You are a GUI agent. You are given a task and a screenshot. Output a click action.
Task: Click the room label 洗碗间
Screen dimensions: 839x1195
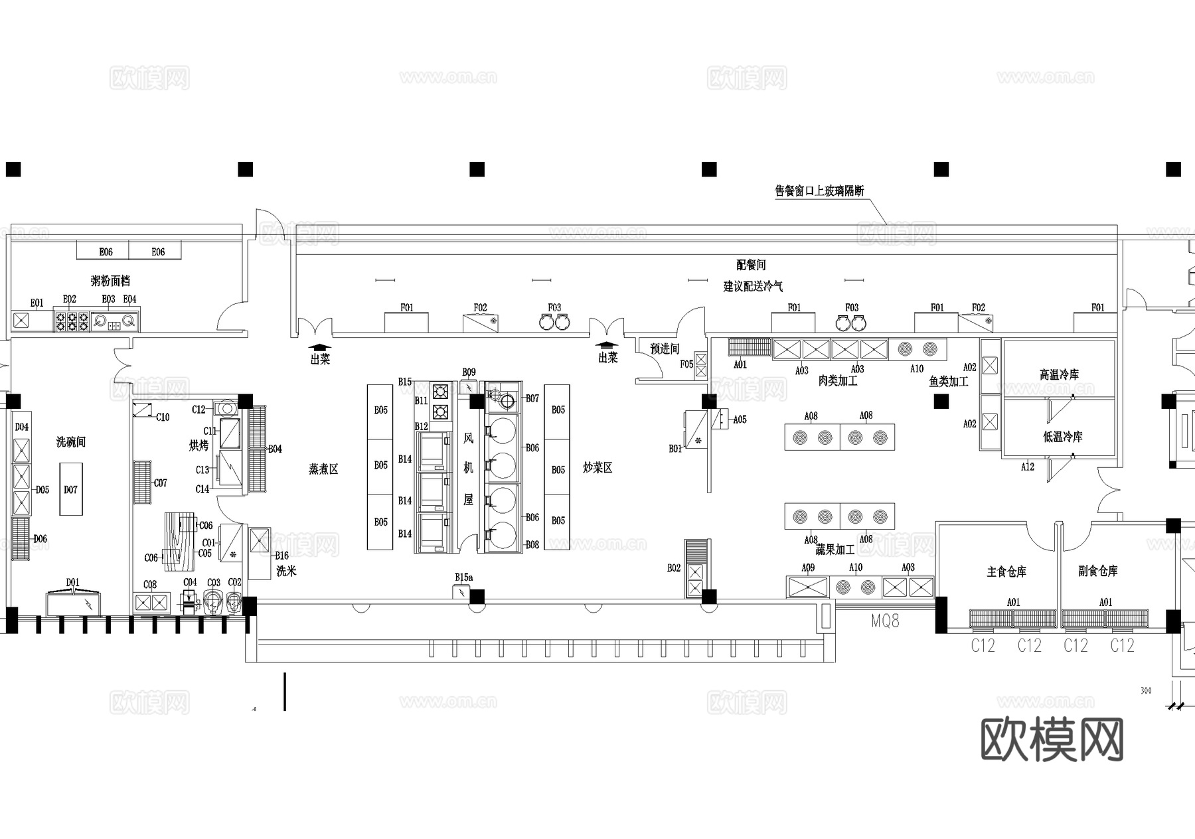coord(70,442)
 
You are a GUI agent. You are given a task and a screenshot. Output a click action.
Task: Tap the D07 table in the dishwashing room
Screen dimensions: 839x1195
coord(70,489)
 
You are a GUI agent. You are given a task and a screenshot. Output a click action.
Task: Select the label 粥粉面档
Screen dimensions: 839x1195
coord(110,281)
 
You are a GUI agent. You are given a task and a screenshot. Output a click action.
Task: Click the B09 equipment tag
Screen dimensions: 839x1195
coord(469,372)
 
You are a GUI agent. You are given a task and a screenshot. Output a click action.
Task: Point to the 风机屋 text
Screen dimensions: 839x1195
coord(469,468)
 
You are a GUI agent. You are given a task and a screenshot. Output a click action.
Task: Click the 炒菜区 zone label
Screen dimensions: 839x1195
coord(597,468)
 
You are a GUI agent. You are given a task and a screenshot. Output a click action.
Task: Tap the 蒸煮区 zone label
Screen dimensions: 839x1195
coord(323,469)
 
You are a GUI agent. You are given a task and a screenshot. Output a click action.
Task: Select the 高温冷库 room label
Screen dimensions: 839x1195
coord(1059,375)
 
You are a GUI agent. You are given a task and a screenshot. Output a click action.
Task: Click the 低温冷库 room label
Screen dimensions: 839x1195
coord(1062,437)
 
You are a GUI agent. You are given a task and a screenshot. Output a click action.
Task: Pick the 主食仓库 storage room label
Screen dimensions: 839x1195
coord(1006,572)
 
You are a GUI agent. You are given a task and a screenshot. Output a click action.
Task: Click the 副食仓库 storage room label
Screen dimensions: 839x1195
coord(1098,571)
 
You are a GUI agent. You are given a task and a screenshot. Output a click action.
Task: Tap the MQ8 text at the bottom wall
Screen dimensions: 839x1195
coord(885,621)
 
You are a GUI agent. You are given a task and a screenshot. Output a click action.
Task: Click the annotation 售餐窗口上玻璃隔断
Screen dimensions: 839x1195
coord(819,191)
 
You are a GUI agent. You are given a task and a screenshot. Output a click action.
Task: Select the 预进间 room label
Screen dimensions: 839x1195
coord(665,349)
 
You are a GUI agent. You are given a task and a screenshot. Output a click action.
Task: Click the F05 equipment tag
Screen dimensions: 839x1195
coord(686,364)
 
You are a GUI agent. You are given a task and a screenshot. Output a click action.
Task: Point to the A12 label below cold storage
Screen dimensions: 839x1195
coord(1027,467)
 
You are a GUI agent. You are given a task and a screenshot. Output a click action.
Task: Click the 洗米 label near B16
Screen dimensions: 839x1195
coord(286,571)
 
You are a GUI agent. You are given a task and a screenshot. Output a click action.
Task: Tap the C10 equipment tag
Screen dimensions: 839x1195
coord(163,418)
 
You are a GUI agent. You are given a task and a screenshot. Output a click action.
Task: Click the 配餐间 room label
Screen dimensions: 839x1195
coord(751,265)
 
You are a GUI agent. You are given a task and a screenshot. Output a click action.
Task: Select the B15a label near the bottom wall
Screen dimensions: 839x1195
coord(463,577)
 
